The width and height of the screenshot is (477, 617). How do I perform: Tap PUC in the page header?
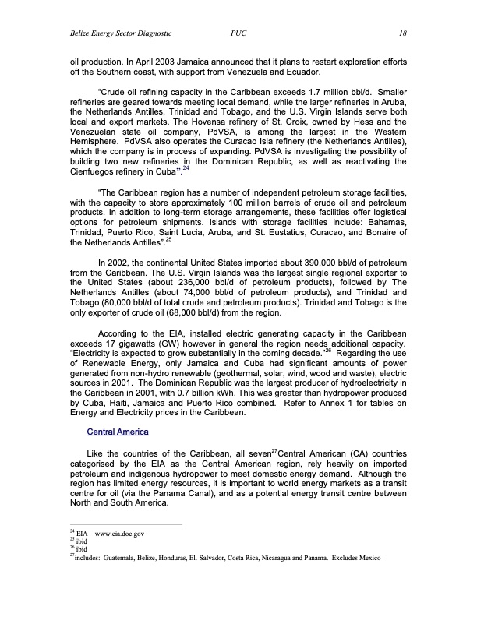click(x=239, y=33)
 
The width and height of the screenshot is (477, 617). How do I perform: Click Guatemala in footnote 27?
click(x=122, y=558)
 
